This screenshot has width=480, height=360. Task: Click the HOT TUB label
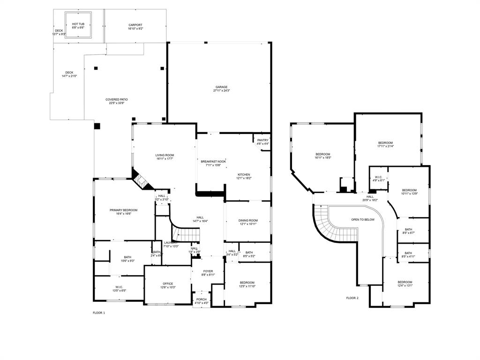click(x=78, y=24)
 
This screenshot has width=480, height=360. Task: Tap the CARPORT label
click(x=135, y=25)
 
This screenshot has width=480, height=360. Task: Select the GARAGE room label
click(x=222, y=87)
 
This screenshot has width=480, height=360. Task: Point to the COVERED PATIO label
click(x=117, y=99)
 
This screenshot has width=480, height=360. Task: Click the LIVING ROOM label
click(x=165, y=155)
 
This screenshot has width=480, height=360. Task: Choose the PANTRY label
click(x=263, y=140)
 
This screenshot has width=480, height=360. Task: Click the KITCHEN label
click(x=244, y=174)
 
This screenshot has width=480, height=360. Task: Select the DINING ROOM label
click(x=248, y=220)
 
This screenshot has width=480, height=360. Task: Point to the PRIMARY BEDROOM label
click(x=124, y=210)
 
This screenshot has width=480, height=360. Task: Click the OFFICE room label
click(x=168, y=284)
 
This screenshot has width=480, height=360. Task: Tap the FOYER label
click(x=208, y=271)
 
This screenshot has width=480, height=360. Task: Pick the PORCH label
click(x=202, y=300)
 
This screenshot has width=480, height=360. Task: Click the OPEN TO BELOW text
click(x=363, y=219)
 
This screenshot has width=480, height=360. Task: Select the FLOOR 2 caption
click(x=352, y=298)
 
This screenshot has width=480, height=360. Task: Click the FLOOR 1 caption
click(x=99, y=313)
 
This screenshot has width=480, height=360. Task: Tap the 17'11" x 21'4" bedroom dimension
click(x=385, y=146)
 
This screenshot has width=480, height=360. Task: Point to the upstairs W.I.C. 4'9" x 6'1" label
click(x=378, y=180)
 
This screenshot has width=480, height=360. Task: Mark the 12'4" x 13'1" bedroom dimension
click(x=392, y=285)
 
